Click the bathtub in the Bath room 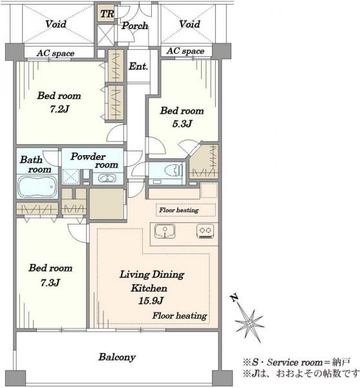point(37,186)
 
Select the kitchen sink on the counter point(165,231)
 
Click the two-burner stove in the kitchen point(206,231)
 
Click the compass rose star point(249,323)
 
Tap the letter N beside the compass point(234,298)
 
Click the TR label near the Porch point(107,14)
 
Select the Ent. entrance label point(138,67)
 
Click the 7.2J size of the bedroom point(59,109)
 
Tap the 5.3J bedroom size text point(182,124)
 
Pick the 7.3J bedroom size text point(50,283)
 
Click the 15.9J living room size point(151,301)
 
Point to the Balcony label point(117,357)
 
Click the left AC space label point(56,53)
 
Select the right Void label point(189,24)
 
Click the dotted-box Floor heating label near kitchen point(179,210)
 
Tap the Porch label point(134,25)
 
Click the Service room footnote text point(296,363)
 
